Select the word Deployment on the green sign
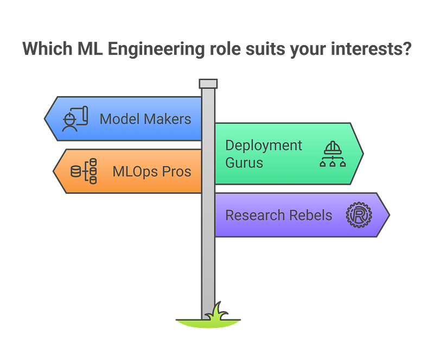264,146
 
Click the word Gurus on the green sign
244,162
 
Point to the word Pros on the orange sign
177,172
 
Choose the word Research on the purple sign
254,215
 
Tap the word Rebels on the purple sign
311,215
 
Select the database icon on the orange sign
84,172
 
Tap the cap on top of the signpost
208,83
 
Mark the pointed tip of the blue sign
44,119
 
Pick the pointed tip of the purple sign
390,214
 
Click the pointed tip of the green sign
363,154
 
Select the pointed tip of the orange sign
53,172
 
